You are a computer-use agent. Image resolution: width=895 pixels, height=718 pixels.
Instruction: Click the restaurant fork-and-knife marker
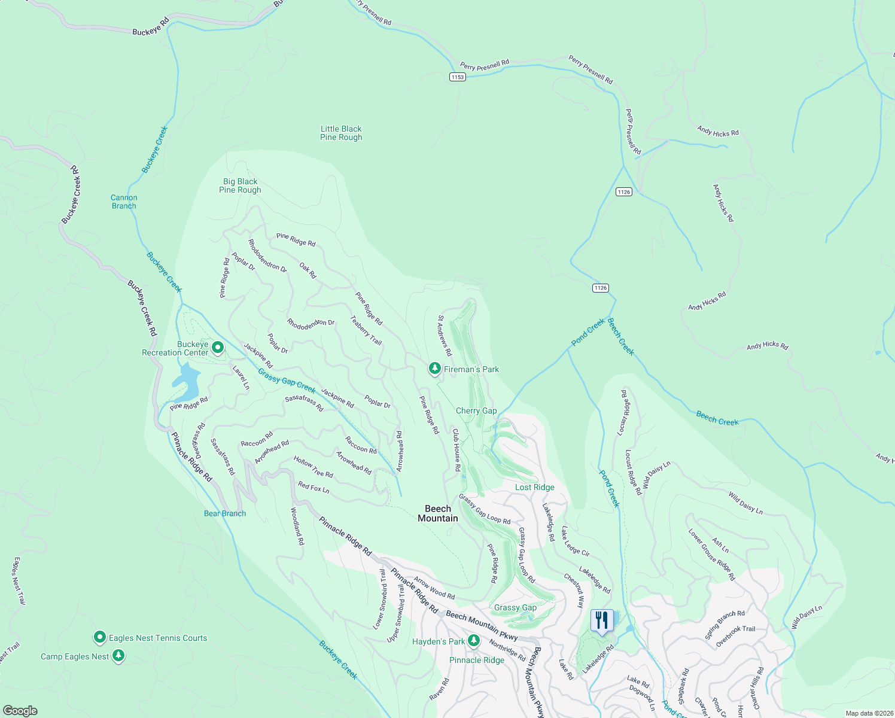coord(602,620)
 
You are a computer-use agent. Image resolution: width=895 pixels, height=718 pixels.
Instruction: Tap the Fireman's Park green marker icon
coord(435,369)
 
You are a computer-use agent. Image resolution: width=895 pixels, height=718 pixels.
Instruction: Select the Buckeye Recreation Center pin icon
coord(218,347)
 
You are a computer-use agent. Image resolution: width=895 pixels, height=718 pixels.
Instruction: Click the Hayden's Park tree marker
coord(473,641)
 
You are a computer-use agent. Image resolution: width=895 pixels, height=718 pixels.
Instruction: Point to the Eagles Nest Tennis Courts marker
coord(100,637)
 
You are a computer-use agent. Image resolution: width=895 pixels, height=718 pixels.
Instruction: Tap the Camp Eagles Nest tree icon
coord(118,656)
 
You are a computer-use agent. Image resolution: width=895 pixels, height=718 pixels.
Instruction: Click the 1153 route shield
coord(457,77)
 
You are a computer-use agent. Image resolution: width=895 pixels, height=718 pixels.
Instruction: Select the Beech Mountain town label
coord(438,513)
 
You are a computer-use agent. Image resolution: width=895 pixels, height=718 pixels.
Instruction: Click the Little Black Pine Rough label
coord(341,133)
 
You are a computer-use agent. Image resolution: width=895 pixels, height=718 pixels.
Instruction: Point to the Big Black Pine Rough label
coord(240,185)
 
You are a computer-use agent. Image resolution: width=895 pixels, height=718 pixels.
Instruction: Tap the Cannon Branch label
coord(124,202)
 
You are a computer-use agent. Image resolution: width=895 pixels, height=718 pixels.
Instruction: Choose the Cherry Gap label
coord(476,410)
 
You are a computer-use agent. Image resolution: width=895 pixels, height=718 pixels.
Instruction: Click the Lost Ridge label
coord(534,487)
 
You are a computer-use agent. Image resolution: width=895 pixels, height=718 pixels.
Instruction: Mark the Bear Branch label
coord(225,513)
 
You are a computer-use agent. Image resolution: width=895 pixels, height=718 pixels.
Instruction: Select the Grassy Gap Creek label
coord(287,381)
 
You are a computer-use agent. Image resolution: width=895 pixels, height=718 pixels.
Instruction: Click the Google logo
coord(20,711)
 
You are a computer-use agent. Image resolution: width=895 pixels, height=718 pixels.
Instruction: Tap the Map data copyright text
coord(869,713)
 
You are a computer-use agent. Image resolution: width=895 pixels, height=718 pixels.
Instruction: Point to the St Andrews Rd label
coord(445,336)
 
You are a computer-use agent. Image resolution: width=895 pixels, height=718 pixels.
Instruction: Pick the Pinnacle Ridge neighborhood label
coord(477,660)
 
